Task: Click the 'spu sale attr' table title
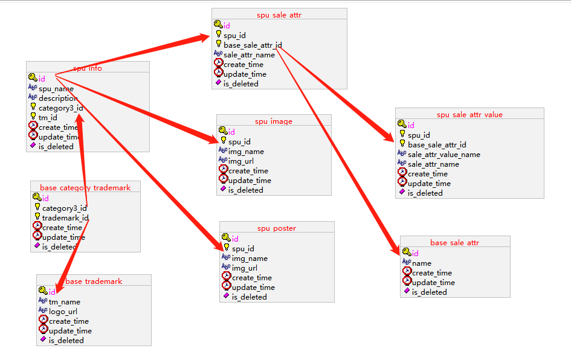click(279, 15)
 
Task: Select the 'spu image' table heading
click(274, 121)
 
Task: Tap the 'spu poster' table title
click(276, 228)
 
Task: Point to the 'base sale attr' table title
click(454, 243)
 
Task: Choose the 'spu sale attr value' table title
click(469, 115)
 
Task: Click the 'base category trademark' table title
click(85, 188)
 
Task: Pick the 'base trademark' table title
click(94, 281)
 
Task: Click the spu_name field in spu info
click(56, 89)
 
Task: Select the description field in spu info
click(59, 98)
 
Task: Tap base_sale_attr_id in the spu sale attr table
click(253, 45)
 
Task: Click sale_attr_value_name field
click(444, 155)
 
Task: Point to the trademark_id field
click(66, 218)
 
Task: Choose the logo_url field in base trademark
click(63, 312)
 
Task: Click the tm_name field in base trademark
click(65, 302)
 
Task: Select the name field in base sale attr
click(422, 263)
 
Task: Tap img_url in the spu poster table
click(245, 268)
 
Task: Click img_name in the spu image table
click(246, 152)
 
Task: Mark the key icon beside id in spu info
click(32, 78)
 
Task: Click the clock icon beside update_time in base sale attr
click(407, 282)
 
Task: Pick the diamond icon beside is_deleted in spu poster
click(227, 296)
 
